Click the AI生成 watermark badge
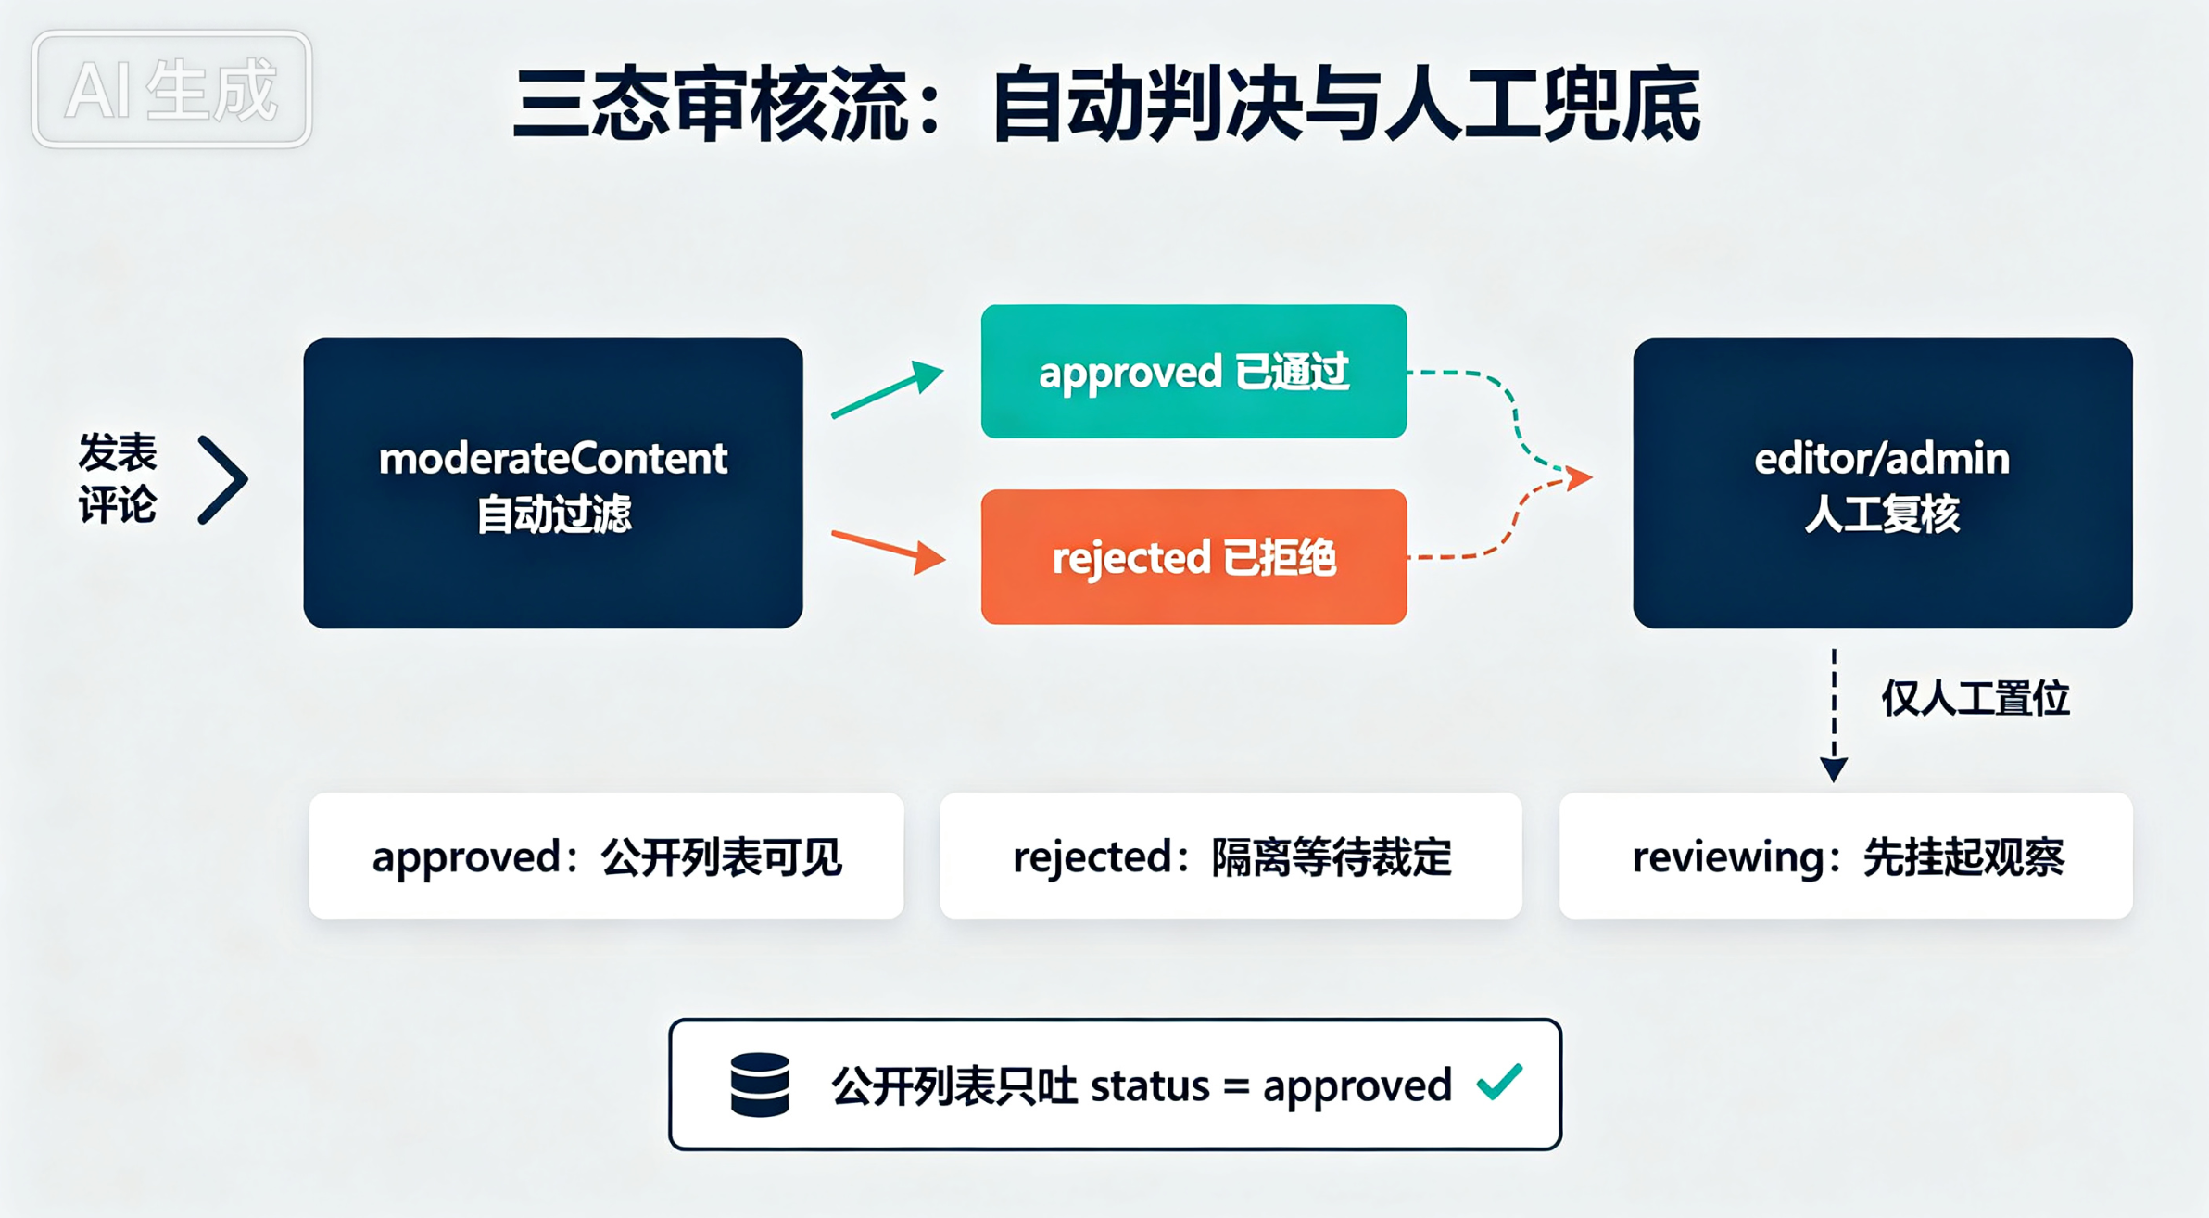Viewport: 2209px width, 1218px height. (x=171, y=89)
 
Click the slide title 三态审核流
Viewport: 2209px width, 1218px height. (x=712, y=104)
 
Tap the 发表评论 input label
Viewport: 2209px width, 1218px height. (x=118, y=478)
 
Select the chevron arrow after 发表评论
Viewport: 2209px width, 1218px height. (x=223, y=480)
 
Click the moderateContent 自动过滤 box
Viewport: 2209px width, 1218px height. (x=553, y=483)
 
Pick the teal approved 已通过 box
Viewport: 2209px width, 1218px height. (x=1193, y=371)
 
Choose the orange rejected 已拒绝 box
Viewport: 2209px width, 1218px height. (x=1193, y=557)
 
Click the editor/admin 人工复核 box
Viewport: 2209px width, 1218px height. (x=1883, y=483)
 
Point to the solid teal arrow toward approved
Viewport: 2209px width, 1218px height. (x=888, y=389)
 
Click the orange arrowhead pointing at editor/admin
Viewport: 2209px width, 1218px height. (x=1579, y=477)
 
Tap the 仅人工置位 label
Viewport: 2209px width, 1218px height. (x=1975, y=698)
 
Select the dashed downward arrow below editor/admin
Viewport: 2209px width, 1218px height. (x=1834, y=716)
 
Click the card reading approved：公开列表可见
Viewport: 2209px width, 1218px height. (x=606, y=856)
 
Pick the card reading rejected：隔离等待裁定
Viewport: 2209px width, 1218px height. (x=1231, y=856)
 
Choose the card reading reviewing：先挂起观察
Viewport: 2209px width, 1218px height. (x=1846, y=856)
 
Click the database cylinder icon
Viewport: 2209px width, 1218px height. (x=760, y=1085)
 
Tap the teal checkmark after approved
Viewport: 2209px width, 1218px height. (x=1500, y=1082)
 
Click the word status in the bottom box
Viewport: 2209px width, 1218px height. (x=1150, y=1085)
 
